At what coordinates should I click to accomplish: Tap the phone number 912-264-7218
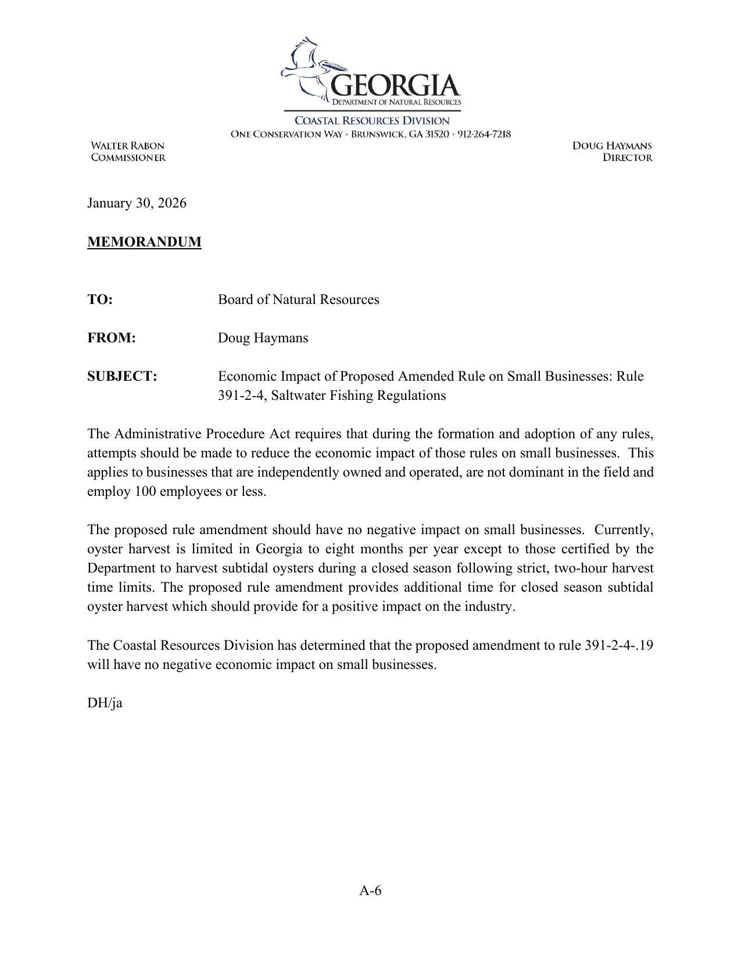click(x=484, y=134)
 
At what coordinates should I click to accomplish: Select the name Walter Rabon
click(x=127, y=146)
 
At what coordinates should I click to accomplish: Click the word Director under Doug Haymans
click(x=627, y=158)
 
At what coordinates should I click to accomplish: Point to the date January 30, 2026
click(x=137, y=203)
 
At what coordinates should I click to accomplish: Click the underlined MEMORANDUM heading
click(x=144, y=242)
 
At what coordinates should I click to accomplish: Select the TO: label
click(x=99, y=299)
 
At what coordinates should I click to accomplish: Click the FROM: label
click(x=111, y=338)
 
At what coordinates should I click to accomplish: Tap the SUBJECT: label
click(x=122, y=376)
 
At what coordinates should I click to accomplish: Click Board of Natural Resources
click(x=298, y=299)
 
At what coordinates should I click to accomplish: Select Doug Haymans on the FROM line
click(x=263, y=338)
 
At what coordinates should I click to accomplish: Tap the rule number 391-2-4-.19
click(x=618, y=645)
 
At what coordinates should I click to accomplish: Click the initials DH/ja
click(x=105, y=703)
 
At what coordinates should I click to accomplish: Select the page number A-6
click(x=370, y=890)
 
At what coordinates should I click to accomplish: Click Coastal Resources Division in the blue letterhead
click(x=372, y=121)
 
